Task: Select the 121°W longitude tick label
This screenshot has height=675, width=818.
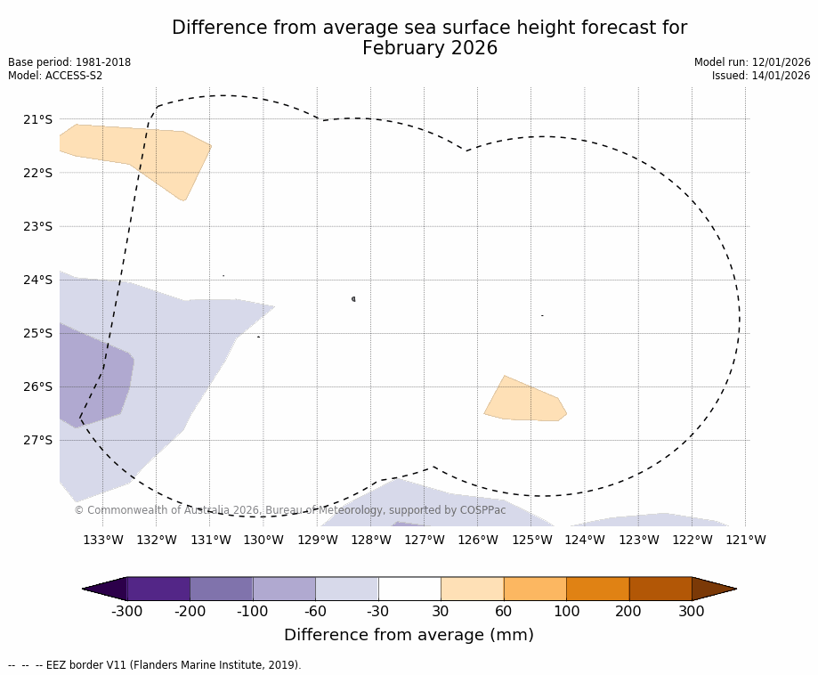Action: coord(746,540)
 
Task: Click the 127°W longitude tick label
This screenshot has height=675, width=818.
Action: coord(425,540)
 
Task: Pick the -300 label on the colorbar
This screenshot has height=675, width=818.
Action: coord(127,612)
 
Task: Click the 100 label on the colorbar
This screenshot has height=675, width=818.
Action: coord(566,612)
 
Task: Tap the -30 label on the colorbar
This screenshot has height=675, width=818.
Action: coord(377,612)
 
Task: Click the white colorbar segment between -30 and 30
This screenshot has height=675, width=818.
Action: coord(409,589)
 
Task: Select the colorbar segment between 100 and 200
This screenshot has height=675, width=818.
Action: coord(597,589)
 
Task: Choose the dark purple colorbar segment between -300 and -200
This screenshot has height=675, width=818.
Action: coord(158,589)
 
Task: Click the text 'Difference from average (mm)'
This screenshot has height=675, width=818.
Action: coord(409,635)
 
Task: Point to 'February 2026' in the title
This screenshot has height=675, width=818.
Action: coord(429,48)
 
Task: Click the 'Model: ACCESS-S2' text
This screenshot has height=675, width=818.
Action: coord(55,76)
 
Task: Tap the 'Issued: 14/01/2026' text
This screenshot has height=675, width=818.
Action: coord(761,76)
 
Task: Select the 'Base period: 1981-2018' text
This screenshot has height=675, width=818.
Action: coord(69,62)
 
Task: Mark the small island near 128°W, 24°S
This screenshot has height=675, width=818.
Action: coord(353,299)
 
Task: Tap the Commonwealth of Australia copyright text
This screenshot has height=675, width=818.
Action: coord(290,510)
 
